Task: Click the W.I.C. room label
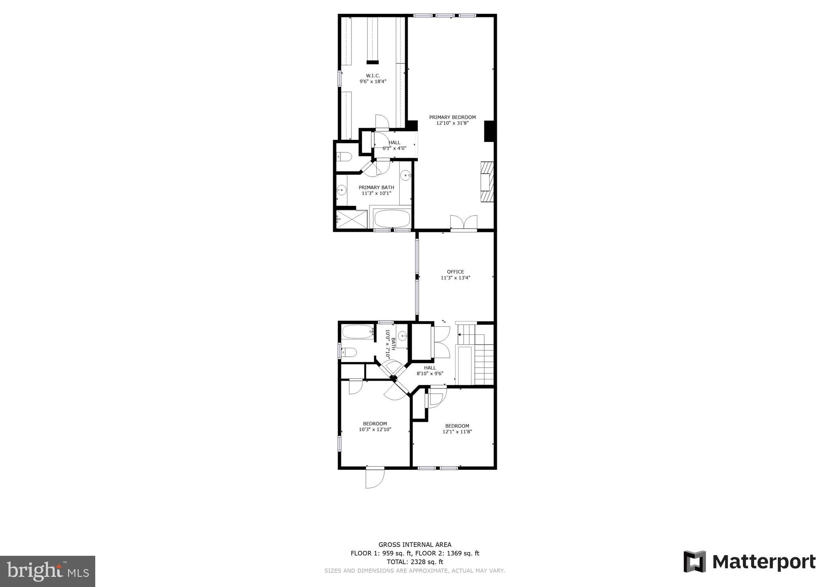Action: pos(373,76)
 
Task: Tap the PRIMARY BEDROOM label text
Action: pos(452,118)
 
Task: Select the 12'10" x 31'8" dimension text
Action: pos(452,123)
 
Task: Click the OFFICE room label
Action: pos(456,272)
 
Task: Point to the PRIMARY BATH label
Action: pos(376,188)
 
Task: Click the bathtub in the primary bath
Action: pos(392,219)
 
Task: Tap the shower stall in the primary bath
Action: pos(352,219)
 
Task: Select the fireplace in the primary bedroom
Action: pos(487,182)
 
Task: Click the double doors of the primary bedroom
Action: pos(464,223)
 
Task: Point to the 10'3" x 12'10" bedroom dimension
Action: pos(375,430)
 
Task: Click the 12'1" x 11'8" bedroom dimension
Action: pos(457,432)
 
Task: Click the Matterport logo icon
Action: pos(695,561)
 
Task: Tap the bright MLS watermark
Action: pos(48,571)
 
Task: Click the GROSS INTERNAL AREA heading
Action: pos(415,545)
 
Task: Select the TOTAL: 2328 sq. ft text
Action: pos(415,562)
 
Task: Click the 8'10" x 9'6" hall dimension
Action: pos(430,374)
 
